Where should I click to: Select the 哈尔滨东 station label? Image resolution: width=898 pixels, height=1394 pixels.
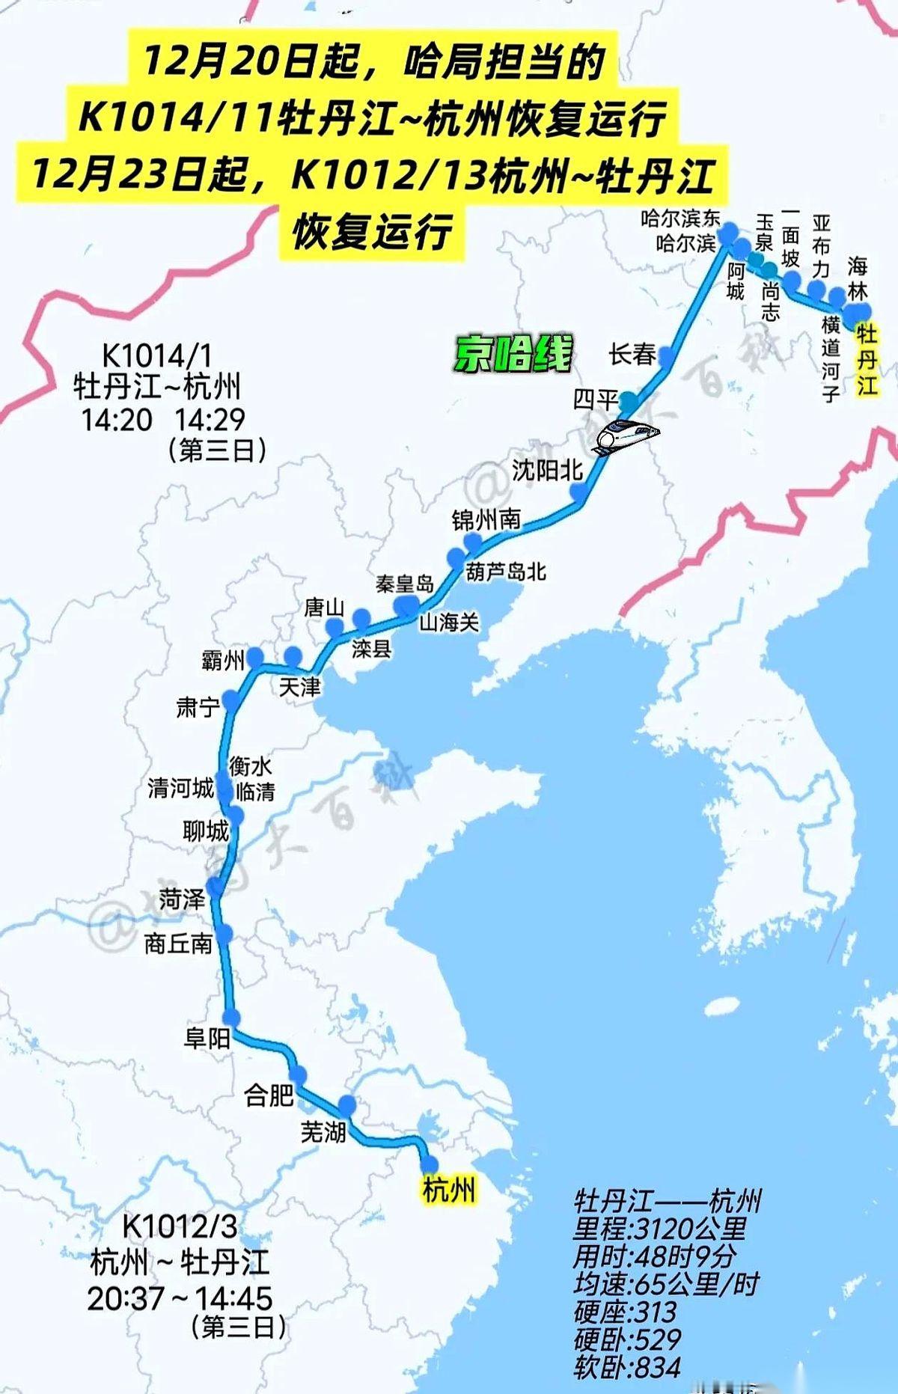point(680,218)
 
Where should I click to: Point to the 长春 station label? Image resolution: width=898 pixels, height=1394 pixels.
point(632,354)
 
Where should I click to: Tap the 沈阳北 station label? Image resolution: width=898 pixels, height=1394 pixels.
point(547,469)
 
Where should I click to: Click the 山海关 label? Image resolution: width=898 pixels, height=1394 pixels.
point(449,621)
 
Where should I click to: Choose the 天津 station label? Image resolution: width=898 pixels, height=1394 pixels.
point(299,686)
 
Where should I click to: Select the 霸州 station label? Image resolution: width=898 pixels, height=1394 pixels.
point(223,660)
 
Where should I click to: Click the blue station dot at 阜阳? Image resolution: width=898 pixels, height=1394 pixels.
point(231,1017)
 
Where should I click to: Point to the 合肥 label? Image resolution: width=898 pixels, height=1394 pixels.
point(269,1095)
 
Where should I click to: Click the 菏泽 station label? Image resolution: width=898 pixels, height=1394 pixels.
point(182,898)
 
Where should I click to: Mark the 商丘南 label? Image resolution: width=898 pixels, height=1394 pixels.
point(178,944)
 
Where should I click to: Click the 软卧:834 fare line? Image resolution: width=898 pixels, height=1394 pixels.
point(627,1367)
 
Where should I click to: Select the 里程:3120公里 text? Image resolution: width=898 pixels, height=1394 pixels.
point(660,1228)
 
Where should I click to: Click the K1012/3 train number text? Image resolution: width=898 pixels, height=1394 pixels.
point(180,1226)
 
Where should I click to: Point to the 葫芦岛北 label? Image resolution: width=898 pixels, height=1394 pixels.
point(506,572)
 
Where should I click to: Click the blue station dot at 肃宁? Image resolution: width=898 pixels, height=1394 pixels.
point(231,700)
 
